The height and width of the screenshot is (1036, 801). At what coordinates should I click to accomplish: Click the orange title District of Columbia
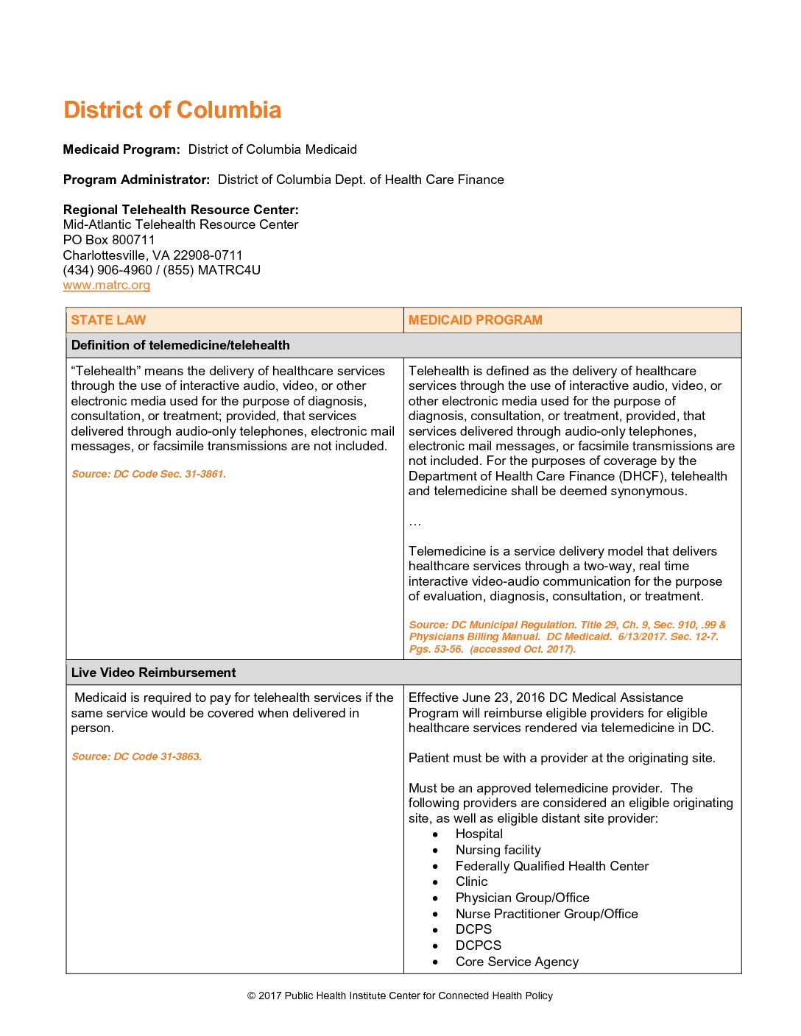click(172, 110)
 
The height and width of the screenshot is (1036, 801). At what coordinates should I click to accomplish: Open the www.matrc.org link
click(107, 285)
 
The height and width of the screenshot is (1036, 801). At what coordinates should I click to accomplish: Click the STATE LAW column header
click(108, 320)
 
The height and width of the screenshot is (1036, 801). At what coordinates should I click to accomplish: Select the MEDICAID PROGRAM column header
click(475, 320)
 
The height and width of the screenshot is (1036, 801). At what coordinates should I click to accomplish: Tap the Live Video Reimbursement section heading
click(153, 673)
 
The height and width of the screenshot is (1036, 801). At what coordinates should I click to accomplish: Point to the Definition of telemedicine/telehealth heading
click(180, 345)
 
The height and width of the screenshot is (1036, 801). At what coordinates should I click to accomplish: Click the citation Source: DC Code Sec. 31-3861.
click(149, 474)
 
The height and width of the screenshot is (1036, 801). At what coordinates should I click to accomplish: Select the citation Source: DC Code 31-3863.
click(136, 756)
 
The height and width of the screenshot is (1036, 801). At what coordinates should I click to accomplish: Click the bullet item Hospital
click(479, 834)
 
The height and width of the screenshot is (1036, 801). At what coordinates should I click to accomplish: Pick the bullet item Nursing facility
click(498, 850)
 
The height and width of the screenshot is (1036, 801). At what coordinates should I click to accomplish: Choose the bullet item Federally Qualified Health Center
click(551, 866)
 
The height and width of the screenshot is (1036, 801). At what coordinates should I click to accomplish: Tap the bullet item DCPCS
click(478, 945)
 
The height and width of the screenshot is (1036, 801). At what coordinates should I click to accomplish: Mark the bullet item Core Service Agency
click(517, 962)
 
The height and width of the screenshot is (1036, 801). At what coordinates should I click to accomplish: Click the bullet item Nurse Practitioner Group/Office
click(546, 914)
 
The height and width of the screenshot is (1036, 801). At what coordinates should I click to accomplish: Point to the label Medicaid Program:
click(121, 149)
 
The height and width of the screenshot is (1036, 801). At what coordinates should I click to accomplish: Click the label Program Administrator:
click(136, 180)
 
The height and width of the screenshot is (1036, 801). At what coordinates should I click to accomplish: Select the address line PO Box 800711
click(109, 240)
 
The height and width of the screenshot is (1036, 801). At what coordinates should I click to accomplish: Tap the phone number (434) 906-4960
click(107, 270)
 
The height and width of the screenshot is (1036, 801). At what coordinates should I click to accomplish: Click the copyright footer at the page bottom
click(400, 996)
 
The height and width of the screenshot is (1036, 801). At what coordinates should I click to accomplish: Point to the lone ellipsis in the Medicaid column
click(415, 522)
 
